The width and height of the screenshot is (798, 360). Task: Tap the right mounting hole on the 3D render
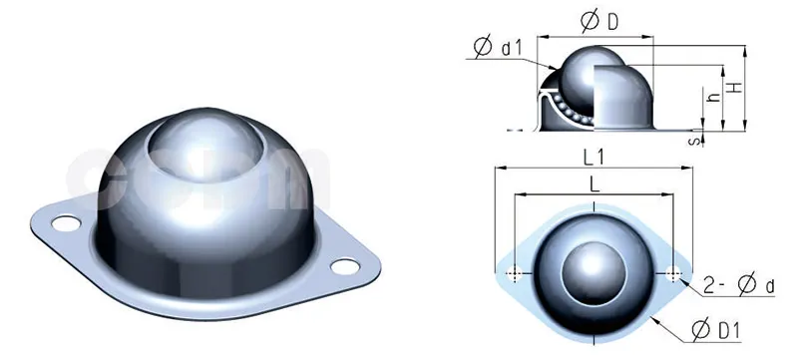click(x=343, y=266)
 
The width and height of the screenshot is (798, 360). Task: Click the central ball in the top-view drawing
click(x=594, y=271)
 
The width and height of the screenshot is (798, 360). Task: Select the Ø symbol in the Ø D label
click(x=587, y=21)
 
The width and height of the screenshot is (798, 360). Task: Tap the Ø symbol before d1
click(x=484, y=47)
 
